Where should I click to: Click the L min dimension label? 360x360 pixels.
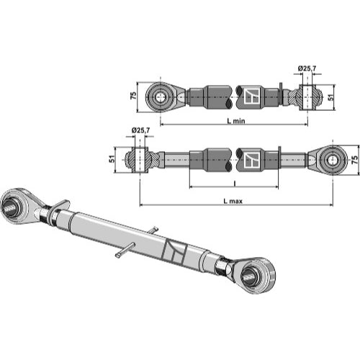(x=236, y=121)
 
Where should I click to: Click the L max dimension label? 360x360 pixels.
(x=233, y=201)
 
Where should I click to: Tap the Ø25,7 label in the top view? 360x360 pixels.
(x=307, y=68)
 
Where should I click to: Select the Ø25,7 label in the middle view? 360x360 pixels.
(x=140, y=130)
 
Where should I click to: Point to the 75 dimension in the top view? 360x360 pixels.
(x=133, y=95)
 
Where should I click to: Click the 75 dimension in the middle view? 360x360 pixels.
(x=354, y=160)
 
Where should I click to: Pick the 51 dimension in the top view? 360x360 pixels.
(x=331, y=97)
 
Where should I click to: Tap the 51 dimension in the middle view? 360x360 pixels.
(x=112, y=159)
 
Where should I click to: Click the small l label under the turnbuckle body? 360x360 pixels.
(x=235, y=184)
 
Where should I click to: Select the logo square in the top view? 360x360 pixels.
(x=252, y=96)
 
